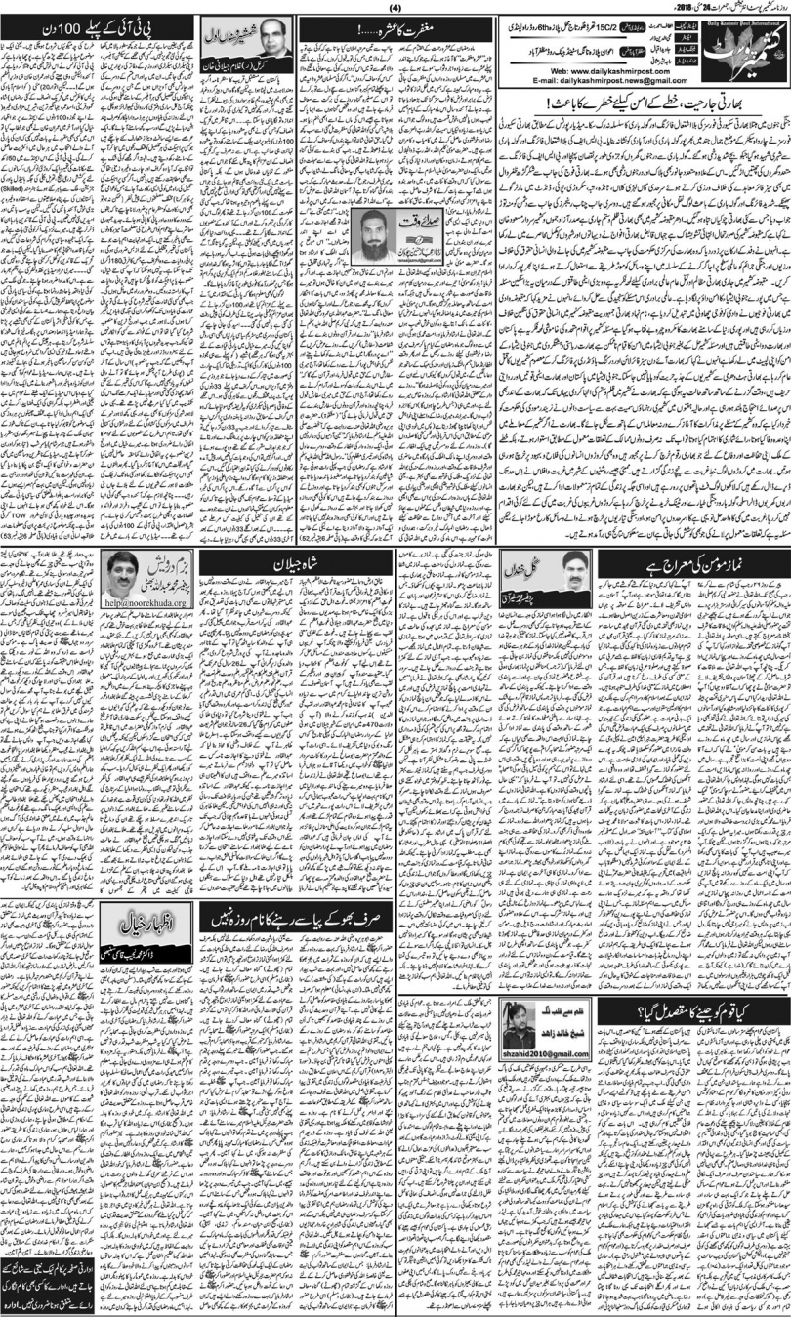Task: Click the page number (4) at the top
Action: [395, 9]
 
